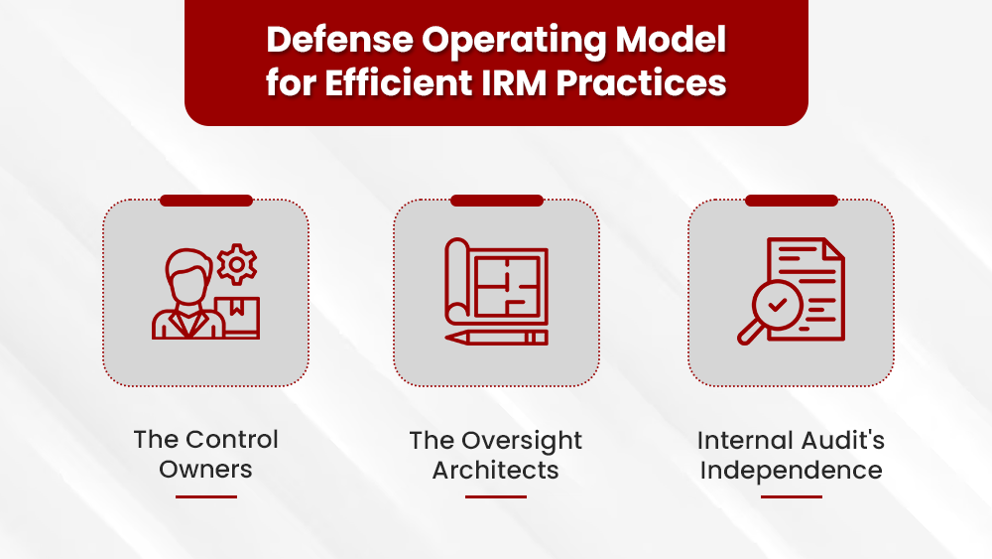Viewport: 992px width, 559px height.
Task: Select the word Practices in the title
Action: click(641, 83)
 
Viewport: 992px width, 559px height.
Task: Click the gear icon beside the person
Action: click(236, 264)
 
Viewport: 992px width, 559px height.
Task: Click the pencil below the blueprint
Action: click(496, 338)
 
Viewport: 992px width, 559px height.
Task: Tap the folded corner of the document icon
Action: click(831, 249)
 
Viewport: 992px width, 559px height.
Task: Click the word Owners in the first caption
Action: click(206, 470)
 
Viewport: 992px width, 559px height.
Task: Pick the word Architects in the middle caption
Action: click(496, 470)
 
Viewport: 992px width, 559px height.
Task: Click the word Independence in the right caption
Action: click(791, 470)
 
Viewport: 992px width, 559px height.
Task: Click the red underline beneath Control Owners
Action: click(206, 496)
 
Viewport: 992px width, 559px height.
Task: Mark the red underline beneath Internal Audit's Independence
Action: click(791, 496)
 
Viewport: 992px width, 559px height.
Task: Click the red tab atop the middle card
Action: click(496, 201)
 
